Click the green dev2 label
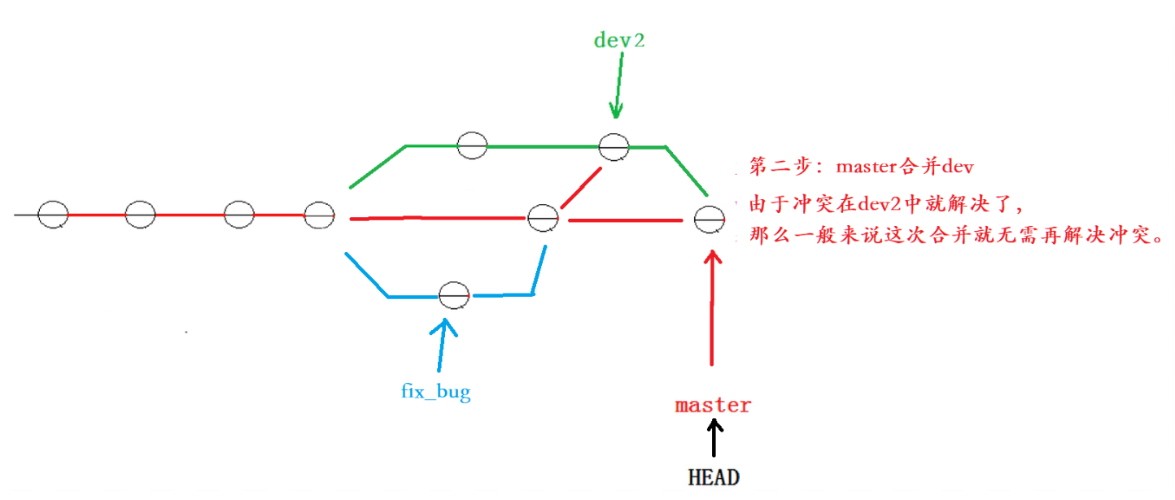click(x=619, y=40)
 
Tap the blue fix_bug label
click(x=435, y=392)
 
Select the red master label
click(x=713, y=405)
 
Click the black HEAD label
click(x=714, y=476)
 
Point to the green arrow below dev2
click(x=618, y=85)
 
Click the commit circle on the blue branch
click(x=453, y=295)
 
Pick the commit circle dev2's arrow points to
click(x=614, y=146)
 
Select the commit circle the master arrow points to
click(x=709, y=218)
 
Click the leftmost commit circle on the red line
click(x=53, y=215)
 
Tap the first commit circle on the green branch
click(x=472, y=145)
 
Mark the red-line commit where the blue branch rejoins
click(x=542, y=217)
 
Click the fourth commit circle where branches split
click(x=319, y=215)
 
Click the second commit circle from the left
click(x=140, y=215)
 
